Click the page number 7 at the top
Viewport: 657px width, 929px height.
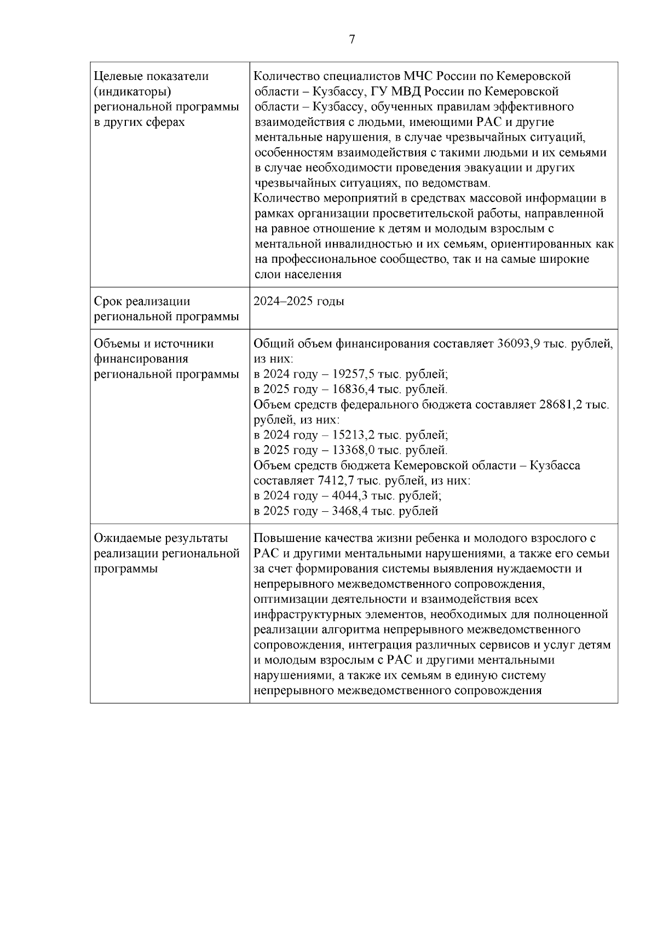click(x=352, y=39)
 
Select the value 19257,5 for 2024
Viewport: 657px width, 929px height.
click(x=354, y=375)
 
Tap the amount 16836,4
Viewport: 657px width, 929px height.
click(x=354, y=390)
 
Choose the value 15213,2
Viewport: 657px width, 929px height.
click(x=354, y=436)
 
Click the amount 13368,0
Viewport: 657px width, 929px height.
click(x=354, y=451)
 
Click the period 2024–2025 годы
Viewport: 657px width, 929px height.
click(x=299, y=302)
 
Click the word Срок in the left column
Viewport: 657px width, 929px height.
click(x=107, y=302)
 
